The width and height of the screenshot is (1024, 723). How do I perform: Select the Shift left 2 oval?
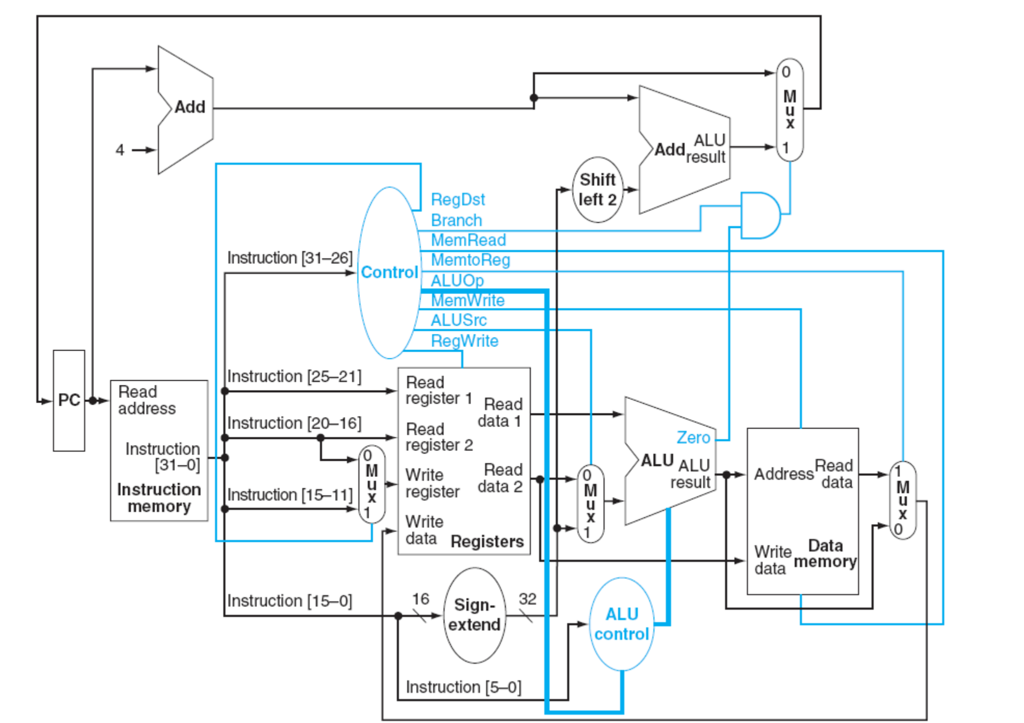[597, 190]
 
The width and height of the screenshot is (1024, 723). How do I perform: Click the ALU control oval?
[622, 624]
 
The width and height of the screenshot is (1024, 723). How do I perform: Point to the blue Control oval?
[389, 272]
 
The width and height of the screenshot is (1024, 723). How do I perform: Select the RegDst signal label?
[458, 199]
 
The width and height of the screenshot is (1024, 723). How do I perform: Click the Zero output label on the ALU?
[693, 438]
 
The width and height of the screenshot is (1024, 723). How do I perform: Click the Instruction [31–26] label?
[290, 258]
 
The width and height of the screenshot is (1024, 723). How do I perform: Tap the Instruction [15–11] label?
[290, 495]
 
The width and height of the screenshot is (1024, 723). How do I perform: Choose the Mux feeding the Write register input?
[372, 484]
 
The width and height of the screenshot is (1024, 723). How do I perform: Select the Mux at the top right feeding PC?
[789, 110]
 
